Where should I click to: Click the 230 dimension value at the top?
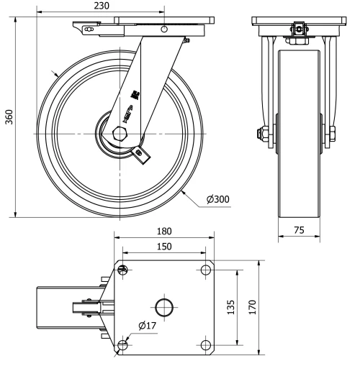pyautogui.click(x=102, y=6)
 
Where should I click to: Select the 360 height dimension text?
pyautogui.click(x=9, y=117)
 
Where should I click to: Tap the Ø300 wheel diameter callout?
pyautogui.click(x=217, y=199)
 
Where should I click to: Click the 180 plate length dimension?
pyautogui.click(x=165, y=232)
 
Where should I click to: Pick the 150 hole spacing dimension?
pyautogui.click(x=165, y=247)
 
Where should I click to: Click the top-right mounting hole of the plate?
pyautogui.click(x=206, y=270)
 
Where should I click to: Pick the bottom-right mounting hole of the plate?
pyautogui.click(x=206, y=346)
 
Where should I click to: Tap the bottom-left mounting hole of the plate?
pyautogui.click(x=122, y=346)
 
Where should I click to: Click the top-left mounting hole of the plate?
pyautogui.click(x=122, y=270)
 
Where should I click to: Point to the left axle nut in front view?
pyautogui.click(x=258, y=134)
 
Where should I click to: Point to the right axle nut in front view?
pyautogui.click(x=333, y=134)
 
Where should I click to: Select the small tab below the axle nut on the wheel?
pyautogui.click(x=142, y=153)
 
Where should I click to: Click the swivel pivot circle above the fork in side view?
pyautogui.click(x=165, y=29)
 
